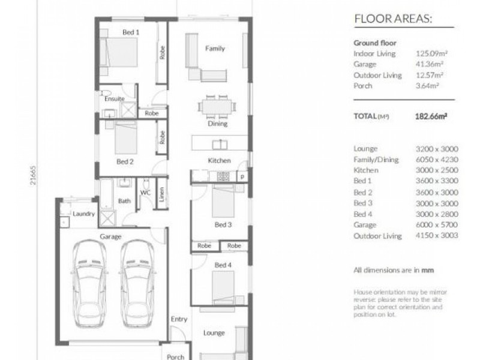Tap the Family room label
point(215,48)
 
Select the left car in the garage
point(89,284)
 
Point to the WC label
point(145,193)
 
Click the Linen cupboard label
point(161,193)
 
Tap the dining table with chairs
point(217,107)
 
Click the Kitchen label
point(219,161)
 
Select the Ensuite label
point(114,98)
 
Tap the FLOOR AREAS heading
point(392,19)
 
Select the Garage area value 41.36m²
point(430,64)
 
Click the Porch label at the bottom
point(175,357)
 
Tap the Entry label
point(178,319)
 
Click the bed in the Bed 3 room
point(223,201)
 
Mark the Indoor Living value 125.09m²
point(431,53)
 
